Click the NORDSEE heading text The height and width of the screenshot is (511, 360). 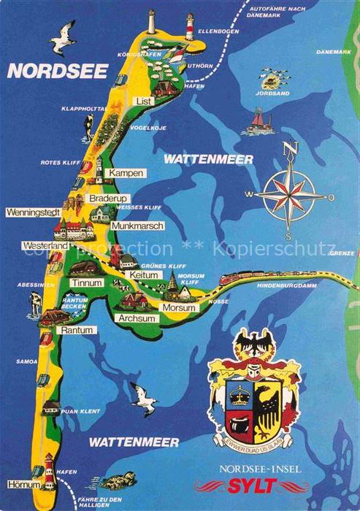(58, 71)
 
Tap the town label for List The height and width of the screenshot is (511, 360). (145, 101)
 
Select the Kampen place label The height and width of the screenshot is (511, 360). (124, 173)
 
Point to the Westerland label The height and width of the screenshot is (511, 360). (45, 246)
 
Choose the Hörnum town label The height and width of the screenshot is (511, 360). (23, 484)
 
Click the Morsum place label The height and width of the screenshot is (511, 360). (179, 307)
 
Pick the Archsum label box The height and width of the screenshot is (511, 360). (137, 318)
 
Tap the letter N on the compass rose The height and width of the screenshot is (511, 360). (291, 148)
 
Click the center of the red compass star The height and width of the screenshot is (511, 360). (290, 195)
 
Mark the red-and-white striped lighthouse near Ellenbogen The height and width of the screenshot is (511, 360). (189, 26)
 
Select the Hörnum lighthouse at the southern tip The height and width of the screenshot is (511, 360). (49, 470)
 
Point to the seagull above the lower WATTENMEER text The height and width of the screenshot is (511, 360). (145, 399)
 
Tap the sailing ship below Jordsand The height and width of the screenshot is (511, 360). (258, 122)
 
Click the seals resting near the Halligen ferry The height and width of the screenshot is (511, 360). (117, 481)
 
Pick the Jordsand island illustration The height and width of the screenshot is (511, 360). (272, 79)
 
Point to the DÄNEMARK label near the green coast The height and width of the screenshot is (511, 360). (334, 52)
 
